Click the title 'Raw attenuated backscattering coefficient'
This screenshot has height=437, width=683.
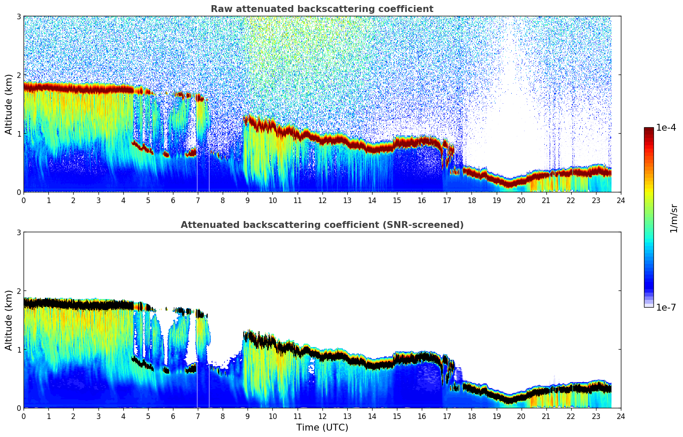[x=322, y=9]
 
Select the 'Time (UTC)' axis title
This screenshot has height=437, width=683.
[x=322, y=427]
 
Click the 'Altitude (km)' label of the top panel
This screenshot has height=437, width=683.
[x=9, y=104]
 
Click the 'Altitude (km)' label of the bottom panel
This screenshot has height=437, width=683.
[x=9, y=320]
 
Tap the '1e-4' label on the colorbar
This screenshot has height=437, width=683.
[x=666, y=128]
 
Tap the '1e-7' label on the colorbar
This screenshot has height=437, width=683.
[x=666, y=307]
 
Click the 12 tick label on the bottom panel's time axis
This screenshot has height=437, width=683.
[x=322, y=416]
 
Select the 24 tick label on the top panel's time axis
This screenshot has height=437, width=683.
[x=620, y=200]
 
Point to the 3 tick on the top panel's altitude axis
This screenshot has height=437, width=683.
[x=19, y=16]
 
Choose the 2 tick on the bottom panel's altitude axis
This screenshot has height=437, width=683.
[x=19, y=291]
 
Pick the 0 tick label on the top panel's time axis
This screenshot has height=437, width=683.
[x=24, y=200]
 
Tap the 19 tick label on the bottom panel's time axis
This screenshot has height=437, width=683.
[x=496, y=416]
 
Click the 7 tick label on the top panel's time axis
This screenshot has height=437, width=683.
[x=198, y=200]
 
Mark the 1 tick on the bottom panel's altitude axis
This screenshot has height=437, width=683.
[x=19, y=350]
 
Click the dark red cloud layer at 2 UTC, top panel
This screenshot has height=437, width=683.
[x=73, y=88]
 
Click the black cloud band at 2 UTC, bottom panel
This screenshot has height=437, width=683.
[x=73, y=305]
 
